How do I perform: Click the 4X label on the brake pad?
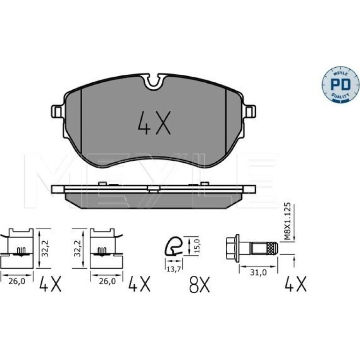pyautogui.click(x=154, y=123)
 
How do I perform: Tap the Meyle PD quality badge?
pyautogui.click(x=340, y=85)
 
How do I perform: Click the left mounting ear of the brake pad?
pyautogui.click(x=58, y=112)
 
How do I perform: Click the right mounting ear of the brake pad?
pyautogui.click(x=249, y=112)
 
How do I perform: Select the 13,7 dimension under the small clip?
pyautogui.click(x=173, y=269)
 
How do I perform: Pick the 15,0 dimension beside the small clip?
pyautogui.click(x=197, y=246)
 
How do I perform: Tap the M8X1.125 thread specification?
pyautogui.click(x=288, y=221)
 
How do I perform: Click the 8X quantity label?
pyautogui.click(x=199, y=284)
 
